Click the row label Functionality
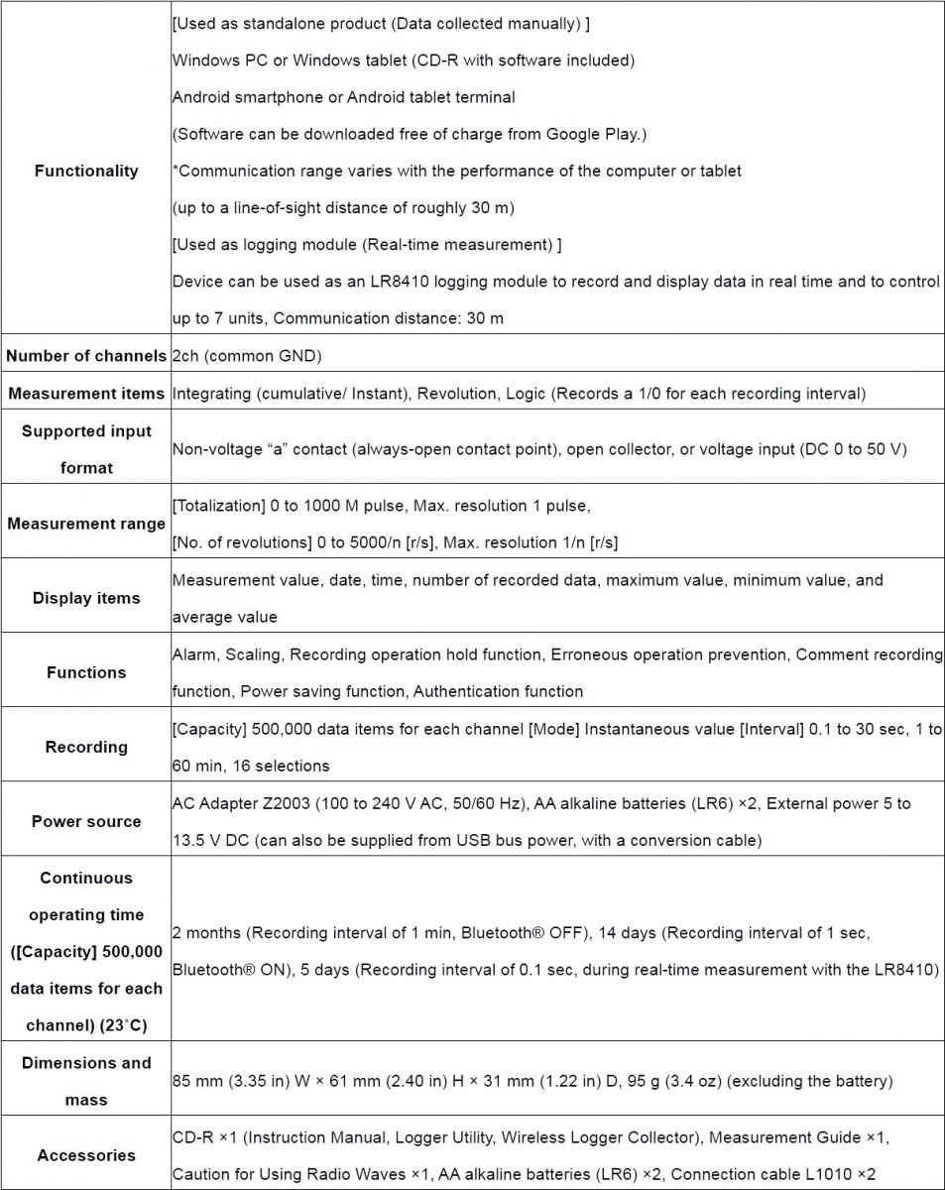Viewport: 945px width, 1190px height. (x=86, y=171)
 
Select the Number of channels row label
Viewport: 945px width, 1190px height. (x=86, y=356)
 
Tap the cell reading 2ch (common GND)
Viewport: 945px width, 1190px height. (x=247, y=356)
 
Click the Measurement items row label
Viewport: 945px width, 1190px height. (x=86, y=394)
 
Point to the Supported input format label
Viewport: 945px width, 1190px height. (x=86, y=449)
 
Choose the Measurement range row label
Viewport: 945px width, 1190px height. (x=86, y=524)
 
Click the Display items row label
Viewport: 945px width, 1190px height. (x=86, y=598)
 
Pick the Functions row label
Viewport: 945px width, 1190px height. (x=86, y=672)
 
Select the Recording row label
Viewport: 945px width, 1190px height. (x=86, y=747)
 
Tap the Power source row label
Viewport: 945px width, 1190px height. (x=86, y=821)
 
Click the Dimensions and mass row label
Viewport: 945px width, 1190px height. (x=86, y=1081)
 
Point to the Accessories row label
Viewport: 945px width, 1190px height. (x=86, y=1155)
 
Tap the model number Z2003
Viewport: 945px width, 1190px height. (x=290, y=803)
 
